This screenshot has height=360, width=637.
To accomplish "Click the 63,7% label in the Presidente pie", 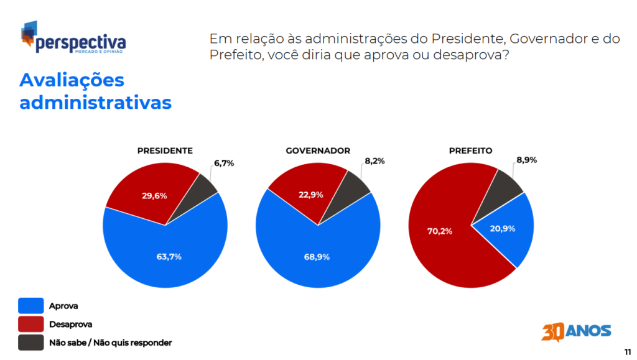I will tap(169, 256).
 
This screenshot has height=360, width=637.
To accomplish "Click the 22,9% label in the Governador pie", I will tap(311, 194).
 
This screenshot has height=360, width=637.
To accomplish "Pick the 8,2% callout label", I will tap(374, 160).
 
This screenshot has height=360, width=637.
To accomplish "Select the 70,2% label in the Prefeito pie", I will tap(440, 231).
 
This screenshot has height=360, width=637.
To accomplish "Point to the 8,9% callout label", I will tap(526, 159).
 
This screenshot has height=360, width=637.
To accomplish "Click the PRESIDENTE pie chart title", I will tap(165, 150).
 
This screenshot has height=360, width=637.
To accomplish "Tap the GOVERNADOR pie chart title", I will tap(318, 150).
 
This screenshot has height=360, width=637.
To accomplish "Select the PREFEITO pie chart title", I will tap(471, 150).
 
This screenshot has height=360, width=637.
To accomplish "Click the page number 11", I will tap(627, 351).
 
